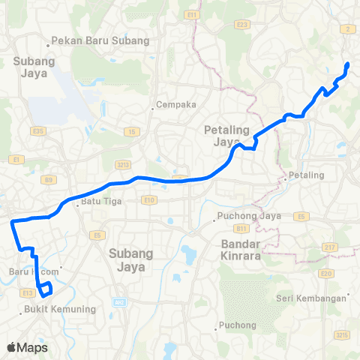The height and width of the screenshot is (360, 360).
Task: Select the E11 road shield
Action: (x=193, y=14)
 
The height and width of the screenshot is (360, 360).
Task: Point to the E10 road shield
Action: (x=148, y=200)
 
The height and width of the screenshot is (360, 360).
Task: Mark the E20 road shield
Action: (x=325, y=274)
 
